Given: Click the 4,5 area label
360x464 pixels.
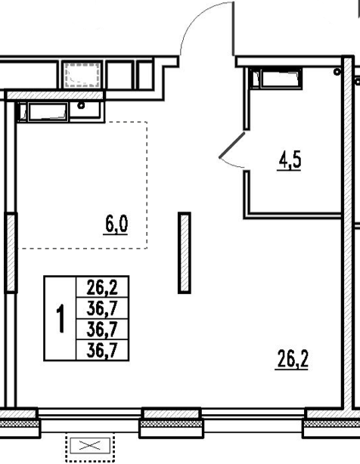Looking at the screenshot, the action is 289,162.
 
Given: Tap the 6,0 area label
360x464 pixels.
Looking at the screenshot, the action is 116,225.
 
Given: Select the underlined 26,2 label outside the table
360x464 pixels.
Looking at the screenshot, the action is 292,360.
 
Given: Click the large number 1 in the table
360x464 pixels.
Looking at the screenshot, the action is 61,318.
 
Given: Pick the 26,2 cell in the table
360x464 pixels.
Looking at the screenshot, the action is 102,287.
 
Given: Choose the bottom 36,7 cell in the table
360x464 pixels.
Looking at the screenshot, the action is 102,350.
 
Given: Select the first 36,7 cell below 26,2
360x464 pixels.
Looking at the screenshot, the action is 102,308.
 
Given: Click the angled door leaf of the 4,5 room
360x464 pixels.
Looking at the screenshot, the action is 232,145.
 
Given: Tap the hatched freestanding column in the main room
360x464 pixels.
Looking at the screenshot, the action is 184,252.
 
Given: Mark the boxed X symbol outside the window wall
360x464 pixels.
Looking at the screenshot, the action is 90,446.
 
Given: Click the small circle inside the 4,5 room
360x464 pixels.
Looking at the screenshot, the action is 337,72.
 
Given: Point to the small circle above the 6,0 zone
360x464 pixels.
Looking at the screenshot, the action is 81,105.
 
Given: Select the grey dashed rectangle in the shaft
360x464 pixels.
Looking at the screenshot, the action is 82,74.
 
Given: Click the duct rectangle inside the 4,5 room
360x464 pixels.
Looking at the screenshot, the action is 281,78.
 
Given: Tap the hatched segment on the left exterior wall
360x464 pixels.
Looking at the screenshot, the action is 11,252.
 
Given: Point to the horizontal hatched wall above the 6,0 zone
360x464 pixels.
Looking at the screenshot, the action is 54,95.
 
